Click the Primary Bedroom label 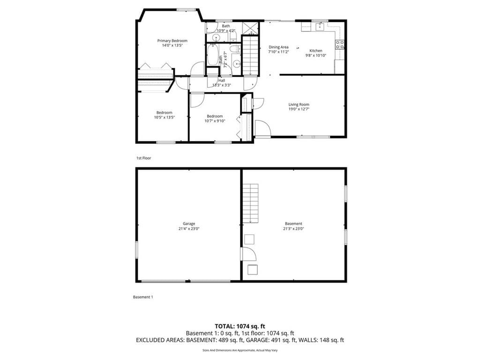click(x=172, y=41)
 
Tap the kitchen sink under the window click(x=320, y=27)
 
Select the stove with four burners click(x=340, y=45)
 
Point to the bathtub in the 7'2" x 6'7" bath click(x=212, y=55)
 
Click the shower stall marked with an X click(x=251, y=28)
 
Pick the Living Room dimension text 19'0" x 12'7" click(x=299, y=109)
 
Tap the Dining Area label click(x=278, y=47)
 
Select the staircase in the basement click(x=251, y=203)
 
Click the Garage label click(x=189, y=224)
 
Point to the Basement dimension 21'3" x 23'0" click(x=293, y=229)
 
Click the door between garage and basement click(x=248, y=254)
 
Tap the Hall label click(x=222, y=81)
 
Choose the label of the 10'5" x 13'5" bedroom click(x=165, y=112)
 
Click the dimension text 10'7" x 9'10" click(x=215, y=121)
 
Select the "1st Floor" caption click(x=143, y=158)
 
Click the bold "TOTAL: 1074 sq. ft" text click(x=240, y=326)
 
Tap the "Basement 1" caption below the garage click(x=143, y=297)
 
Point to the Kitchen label click(x=316, y=51)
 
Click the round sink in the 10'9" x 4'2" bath click(x=217, y=38)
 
